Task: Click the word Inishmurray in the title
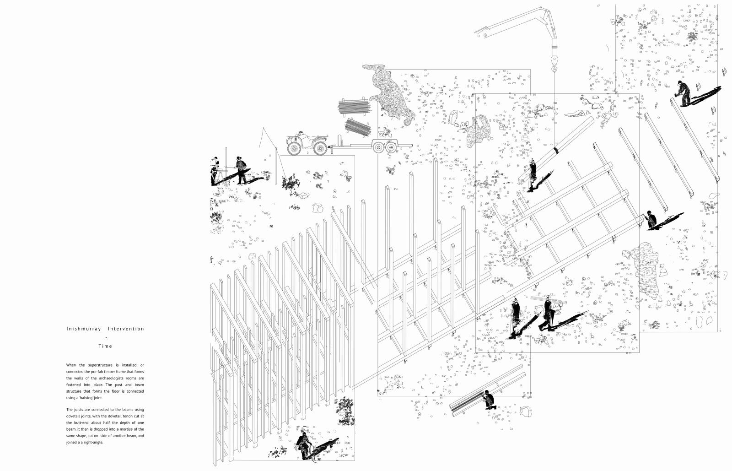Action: coord(83,329)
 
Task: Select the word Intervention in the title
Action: coord(126,329)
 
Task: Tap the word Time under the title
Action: coord(105,346)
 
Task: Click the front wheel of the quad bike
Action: coord(294,147)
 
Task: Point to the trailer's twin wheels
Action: coord(384,147)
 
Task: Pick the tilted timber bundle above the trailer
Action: coord(358,127)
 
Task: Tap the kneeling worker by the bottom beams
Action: coord(488,401)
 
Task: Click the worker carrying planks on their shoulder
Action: coord(548,314)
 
